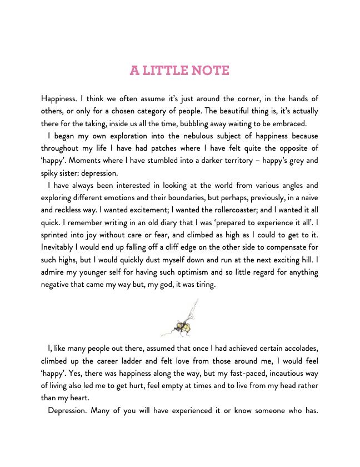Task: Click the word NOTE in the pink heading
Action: (x=209, y=71)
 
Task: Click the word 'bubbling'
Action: (x=198, y=123)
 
